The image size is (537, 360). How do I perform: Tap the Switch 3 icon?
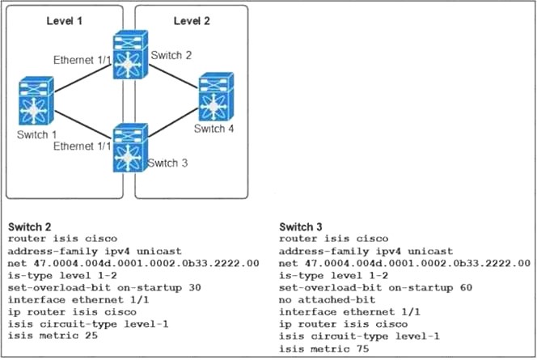coord(129,146)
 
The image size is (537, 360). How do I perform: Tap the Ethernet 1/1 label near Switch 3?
coord(82,146)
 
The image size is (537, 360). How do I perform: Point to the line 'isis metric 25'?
coord(49,336)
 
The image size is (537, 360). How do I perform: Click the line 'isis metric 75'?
coord(323,348)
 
